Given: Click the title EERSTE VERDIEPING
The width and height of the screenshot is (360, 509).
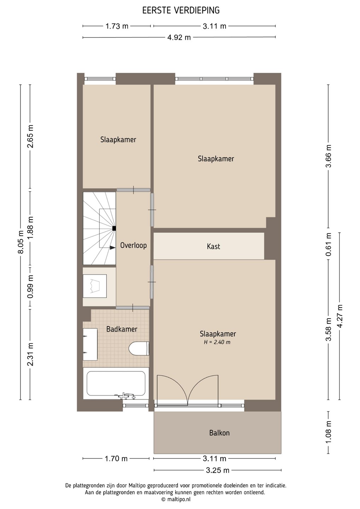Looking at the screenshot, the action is coord(181,11).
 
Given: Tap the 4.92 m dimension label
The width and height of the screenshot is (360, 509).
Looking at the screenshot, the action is coord(179,37).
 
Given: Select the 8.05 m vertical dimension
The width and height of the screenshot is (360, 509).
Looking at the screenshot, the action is coord(21,243).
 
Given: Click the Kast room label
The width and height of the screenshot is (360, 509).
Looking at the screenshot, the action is coord(213,246).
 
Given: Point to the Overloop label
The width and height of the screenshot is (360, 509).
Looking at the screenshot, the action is coord(133,245).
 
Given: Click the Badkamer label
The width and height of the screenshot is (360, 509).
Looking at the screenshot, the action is coord(122,329).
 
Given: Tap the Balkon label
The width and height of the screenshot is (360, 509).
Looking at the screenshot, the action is coord(219,433).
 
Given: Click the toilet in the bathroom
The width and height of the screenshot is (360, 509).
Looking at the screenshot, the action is coord(139,349).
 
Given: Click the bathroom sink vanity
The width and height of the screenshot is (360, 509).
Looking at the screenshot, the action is coord(90,344).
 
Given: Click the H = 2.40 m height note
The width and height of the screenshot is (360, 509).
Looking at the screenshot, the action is coord(217,342).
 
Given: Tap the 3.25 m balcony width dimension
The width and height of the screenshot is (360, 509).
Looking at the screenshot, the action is coord(217,470).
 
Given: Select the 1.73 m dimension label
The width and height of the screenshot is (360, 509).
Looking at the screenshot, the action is coord(117,26).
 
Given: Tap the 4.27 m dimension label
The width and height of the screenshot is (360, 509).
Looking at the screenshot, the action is coord(340,316).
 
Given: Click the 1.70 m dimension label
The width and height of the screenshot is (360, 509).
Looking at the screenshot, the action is coord(116,459).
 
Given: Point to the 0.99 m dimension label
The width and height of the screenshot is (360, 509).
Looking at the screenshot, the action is coord(30,287).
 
